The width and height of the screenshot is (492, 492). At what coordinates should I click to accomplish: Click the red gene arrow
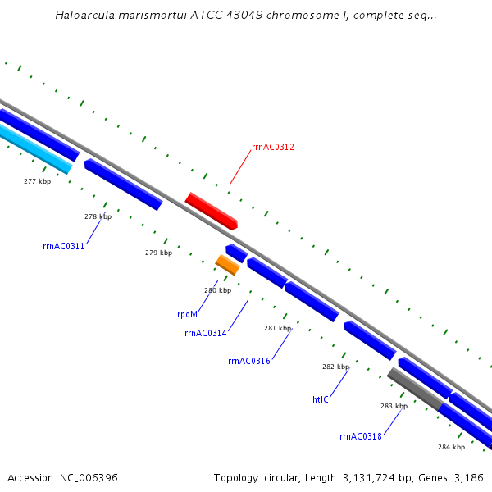coord(212,211)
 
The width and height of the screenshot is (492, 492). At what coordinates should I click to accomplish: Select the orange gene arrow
coord(227,264)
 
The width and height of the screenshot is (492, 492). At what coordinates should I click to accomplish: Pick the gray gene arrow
coord(415,388)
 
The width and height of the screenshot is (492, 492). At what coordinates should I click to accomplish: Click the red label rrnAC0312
coord(273,148)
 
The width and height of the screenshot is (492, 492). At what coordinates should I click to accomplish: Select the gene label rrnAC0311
coord(63,246)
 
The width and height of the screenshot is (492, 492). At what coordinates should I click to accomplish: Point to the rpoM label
coord(187,314)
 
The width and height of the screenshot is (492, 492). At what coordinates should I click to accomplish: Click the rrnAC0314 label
coord(205,333)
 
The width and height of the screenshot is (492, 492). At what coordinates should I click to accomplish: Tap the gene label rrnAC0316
coord(249,361)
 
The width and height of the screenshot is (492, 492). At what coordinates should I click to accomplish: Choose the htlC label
coord(320,399)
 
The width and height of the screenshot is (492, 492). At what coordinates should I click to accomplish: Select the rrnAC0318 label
coord(361,436)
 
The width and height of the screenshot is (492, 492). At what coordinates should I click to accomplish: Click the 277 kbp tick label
coord(37,181)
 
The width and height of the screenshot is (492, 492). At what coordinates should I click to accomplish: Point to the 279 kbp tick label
coord(158,253)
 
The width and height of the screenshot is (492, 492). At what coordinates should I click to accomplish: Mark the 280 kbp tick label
coord(217,290)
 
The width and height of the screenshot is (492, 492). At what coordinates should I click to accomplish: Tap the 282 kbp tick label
coord(335,367)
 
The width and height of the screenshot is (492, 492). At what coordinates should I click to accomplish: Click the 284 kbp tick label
coord(451,447)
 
